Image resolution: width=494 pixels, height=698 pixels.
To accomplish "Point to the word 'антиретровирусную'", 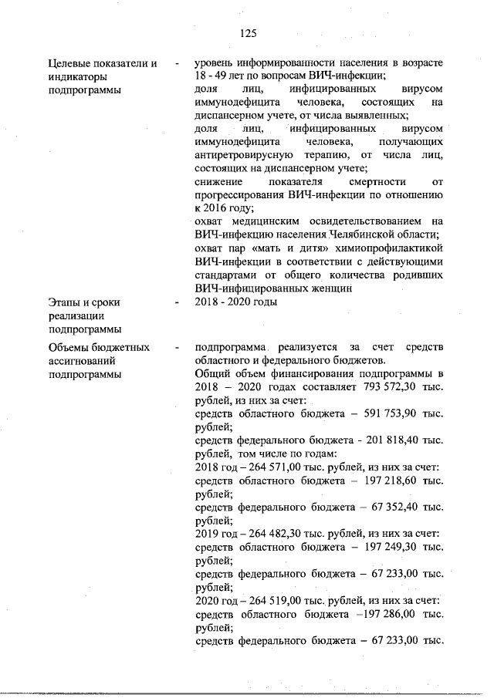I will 238,155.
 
